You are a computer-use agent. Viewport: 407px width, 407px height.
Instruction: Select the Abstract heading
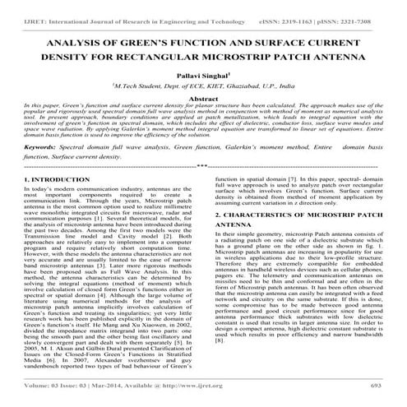pyautogui.click(x=203, y=99)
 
